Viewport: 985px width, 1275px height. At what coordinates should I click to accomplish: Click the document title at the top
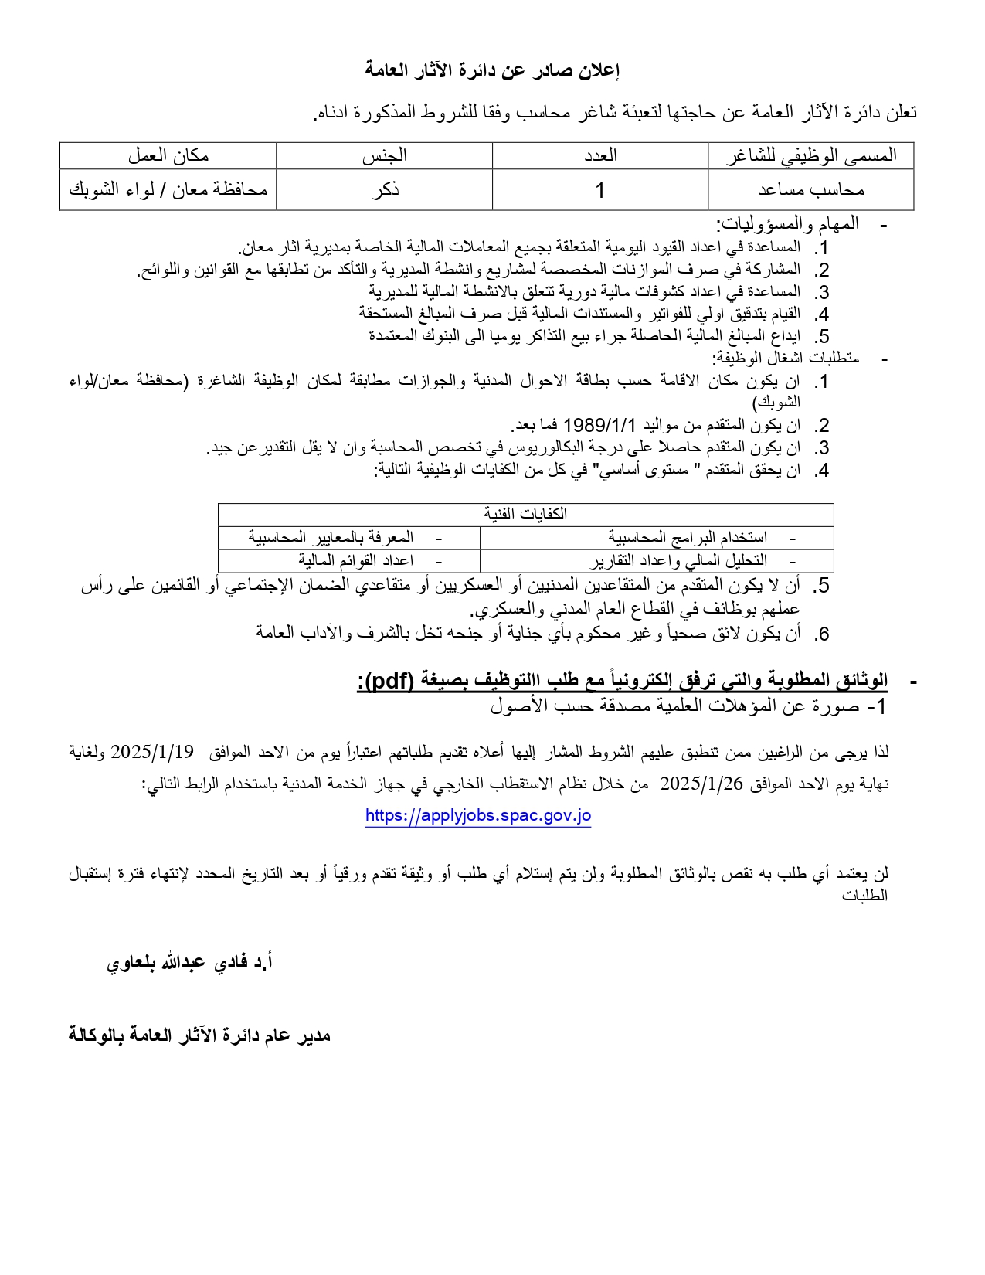[x=492, y=71]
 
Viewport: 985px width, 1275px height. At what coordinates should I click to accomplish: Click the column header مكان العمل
[x=168, y=155]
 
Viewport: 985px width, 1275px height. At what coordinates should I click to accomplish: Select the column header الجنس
[x=384, y=155]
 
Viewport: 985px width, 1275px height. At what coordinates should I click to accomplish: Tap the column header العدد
[x=600, y=155]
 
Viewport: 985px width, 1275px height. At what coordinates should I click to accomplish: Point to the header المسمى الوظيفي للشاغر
[x=811, y=155]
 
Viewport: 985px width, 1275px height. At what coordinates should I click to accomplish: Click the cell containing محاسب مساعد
[x=811, y=189]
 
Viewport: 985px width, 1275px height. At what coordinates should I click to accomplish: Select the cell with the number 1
[x=600, y=190]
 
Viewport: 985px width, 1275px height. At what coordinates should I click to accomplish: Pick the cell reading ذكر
[x=384, y=190]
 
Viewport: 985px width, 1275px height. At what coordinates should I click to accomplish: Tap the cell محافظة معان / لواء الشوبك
[x=168, y=189]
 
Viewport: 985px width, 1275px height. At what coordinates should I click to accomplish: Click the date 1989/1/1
[x=599, y=425]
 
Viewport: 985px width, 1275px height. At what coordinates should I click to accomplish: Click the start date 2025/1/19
[x=151, y=752]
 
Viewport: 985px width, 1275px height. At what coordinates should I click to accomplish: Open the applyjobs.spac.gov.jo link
[x=478, y=815]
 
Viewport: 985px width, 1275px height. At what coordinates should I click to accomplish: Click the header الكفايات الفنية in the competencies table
[x=525, y=515]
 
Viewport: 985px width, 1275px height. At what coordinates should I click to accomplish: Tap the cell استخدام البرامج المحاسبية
[x=688, y=537]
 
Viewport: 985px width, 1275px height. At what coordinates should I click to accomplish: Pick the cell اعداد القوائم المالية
[x=356, y=560]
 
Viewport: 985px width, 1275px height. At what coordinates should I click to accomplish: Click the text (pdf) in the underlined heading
[x=389, y=681]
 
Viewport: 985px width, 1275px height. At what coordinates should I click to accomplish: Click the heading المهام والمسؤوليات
[x=787, y=225]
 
